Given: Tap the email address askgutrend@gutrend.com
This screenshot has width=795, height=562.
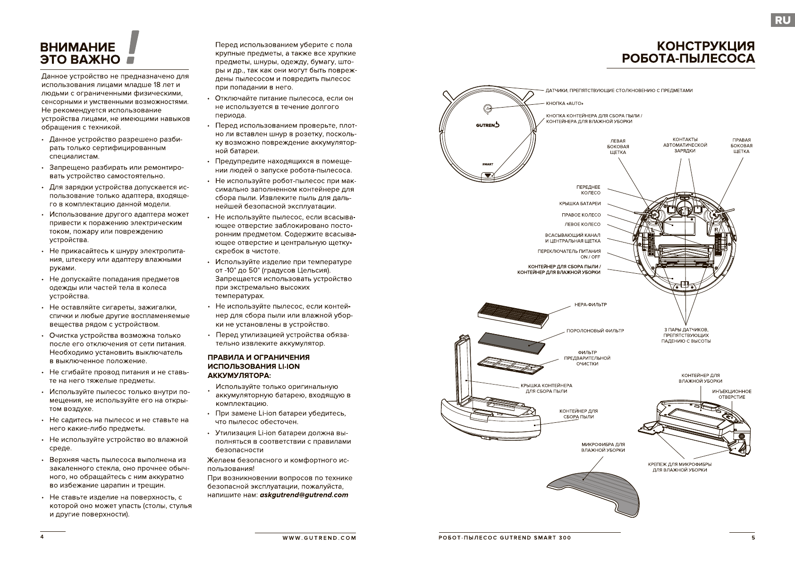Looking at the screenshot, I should pyautogui.click(x=304, y=495).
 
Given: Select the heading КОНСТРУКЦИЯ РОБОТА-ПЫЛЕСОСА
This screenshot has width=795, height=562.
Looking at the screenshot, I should pyautogui.click(x=688, y=52).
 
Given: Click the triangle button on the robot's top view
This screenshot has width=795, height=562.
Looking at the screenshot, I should pyautogui.click(x=488, y=175).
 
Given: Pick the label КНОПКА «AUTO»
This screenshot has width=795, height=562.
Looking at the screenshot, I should pyautogui.click(x=565, y=103).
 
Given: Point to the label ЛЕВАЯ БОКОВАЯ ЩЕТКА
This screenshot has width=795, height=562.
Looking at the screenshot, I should pyautogui.click(x=618, y=146).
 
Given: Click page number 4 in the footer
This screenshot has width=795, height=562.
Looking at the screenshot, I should pyautogui.click(x=42, y=537).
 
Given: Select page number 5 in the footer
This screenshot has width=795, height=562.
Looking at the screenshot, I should pyautogui.click(x=753, y=537).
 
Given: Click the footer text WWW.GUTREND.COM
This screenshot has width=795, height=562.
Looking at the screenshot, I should pyautogui.click(x=319, y=537).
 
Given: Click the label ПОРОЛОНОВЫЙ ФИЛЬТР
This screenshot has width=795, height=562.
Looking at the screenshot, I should pyautogui.click(x=595, y=331).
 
